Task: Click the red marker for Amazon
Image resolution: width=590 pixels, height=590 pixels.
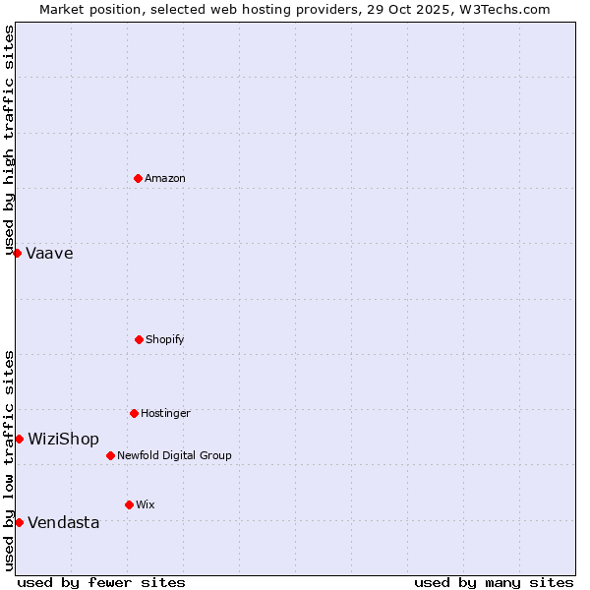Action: [x=138, y=178]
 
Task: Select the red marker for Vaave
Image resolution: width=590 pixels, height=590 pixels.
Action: [x=17, y=253]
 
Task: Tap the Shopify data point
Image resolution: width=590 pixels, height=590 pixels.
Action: [x=139, y=339]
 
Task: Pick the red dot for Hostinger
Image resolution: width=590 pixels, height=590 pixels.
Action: [x=134, y=413]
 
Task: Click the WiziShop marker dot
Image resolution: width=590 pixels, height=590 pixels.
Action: [x=19, y=439]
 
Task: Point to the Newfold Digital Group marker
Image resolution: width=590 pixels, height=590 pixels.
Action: [x=110, y=455]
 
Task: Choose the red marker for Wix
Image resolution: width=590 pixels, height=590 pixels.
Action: [x=129, y=504]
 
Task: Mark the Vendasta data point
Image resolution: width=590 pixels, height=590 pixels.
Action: [x=19, y=522]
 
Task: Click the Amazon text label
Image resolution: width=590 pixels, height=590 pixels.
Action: [x=165, y=178]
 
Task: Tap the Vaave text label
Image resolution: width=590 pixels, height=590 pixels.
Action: [x=49, y=253]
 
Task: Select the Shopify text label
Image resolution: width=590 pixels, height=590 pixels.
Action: [x=165, y=339]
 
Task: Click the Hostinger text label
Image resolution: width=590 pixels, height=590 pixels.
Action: [x=165, y=413]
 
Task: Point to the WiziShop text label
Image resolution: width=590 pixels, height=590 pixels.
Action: [x=63, y=439]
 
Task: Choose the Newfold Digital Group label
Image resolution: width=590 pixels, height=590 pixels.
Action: [x=174, y=455]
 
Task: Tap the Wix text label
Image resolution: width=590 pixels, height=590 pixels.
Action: [x=146, y=504]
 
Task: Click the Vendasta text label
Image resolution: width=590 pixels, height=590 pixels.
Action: [x=63, y=522]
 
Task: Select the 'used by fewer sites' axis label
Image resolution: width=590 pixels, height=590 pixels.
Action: [x=101, y=582]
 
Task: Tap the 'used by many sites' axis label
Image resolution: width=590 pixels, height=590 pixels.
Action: [x=494, y=582]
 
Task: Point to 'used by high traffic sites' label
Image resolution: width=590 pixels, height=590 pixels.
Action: [x=9, y=140]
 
